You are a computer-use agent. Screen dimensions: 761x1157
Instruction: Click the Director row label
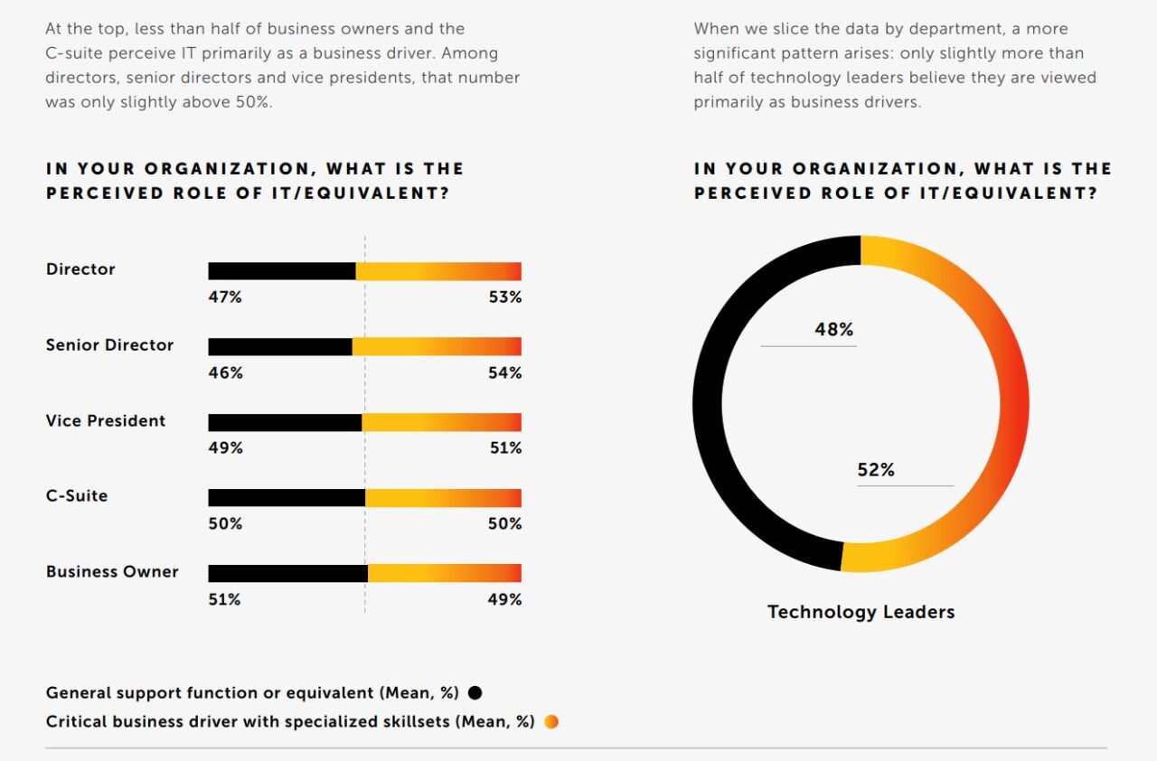pyautogui.click(x=80, y=269)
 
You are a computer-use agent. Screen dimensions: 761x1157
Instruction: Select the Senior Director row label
pyautogui.click(x=109, y=345)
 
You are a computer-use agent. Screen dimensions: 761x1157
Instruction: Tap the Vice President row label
pyautogui.click(x=106, y=421)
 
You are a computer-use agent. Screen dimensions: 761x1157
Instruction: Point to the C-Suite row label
pyautogui.click(x=77, y=496)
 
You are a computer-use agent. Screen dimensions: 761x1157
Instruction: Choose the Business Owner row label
pyautogui.click(x=112, y=572)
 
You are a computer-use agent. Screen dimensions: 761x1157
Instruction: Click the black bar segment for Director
pyautogui.click(x=282, y=271)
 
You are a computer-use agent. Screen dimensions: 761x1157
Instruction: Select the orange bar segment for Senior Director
pyautogui.click(x=437, y=347)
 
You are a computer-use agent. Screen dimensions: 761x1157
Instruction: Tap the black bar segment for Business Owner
pyautogui.click(x=287, y=573)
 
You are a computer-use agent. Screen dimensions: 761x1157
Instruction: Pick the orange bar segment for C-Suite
pyautogui.click(x=443, y=498)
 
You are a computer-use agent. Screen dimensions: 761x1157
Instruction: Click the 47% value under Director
pyautogui.click(x=225, y=297)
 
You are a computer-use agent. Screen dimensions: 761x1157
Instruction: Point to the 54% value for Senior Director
pyautogui.click(x=504, y=373)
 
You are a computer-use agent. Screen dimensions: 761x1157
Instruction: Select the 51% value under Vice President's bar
pyautogui.click(x=504, y=448)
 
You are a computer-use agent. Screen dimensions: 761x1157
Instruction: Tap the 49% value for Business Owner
pyautogui.click(x=504, y=599)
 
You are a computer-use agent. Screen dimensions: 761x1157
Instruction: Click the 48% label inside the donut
pyautogui.click(x=833, y=330)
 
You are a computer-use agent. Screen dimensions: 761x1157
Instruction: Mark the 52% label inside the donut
pyautogui.click(x=875, y=470)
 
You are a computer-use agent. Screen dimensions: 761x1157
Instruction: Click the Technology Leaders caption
pyautogui.click(x=861, y=613)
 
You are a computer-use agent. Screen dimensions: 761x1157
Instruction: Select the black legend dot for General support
pyautogui.click(x=475, y=693)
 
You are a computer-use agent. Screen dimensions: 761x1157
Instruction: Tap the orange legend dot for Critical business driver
pyautogui.click(x=551, y=722)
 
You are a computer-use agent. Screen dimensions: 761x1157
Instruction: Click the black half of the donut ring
pyautogui.click(x=708, y=403)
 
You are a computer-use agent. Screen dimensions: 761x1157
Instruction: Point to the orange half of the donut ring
pyautogui.click(x=1013, y=403)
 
